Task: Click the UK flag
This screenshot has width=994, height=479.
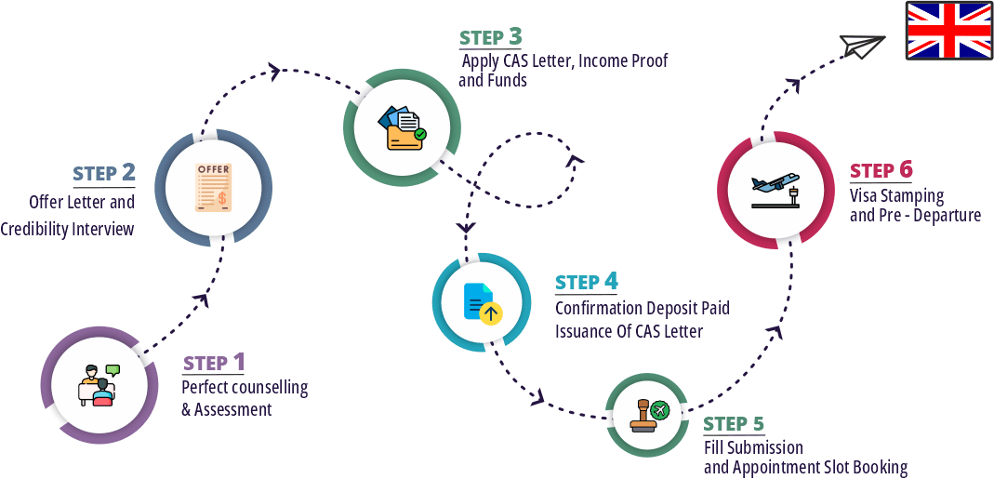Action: (x=949, y=30)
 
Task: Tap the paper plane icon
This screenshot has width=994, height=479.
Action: (x=861, y=45)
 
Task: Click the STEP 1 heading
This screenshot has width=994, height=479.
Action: (x=214, y=362)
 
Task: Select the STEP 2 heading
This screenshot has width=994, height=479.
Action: (x=104, y=174)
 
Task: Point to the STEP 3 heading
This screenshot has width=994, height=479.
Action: (x=490, y=37)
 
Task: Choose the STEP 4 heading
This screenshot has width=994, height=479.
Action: (x=586, y=282)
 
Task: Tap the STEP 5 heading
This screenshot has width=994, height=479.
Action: (x=734, y=424)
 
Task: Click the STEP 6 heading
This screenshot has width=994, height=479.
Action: (x=881, y=170)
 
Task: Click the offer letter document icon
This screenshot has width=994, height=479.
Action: (x=213, y=187)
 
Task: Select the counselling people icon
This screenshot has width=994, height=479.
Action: (x=99, y=384)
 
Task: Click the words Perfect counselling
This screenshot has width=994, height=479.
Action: (x=245, y=388)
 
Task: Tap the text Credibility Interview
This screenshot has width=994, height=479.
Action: (x=67, y=229)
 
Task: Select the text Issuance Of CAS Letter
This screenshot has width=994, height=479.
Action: (x=629, y=331)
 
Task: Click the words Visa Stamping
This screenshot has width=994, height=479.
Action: (x=896, y=196)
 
